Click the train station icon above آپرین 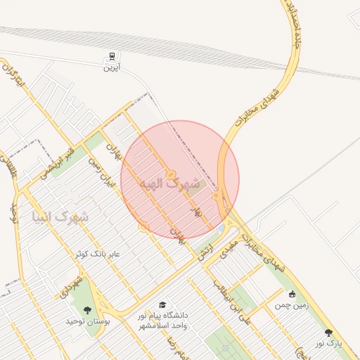tap(110, 57)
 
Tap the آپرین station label tap(112, 68)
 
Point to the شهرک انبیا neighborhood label tap(60, 216)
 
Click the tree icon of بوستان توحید tap(87, 309)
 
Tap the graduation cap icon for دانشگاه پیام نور tap(162, 304)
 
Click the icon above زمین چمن tap(292, 294)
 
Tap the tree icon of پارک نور tap(328, 333)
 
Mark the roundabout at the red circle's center tap(170, 174)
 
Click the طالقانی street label tap(12, 168)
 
